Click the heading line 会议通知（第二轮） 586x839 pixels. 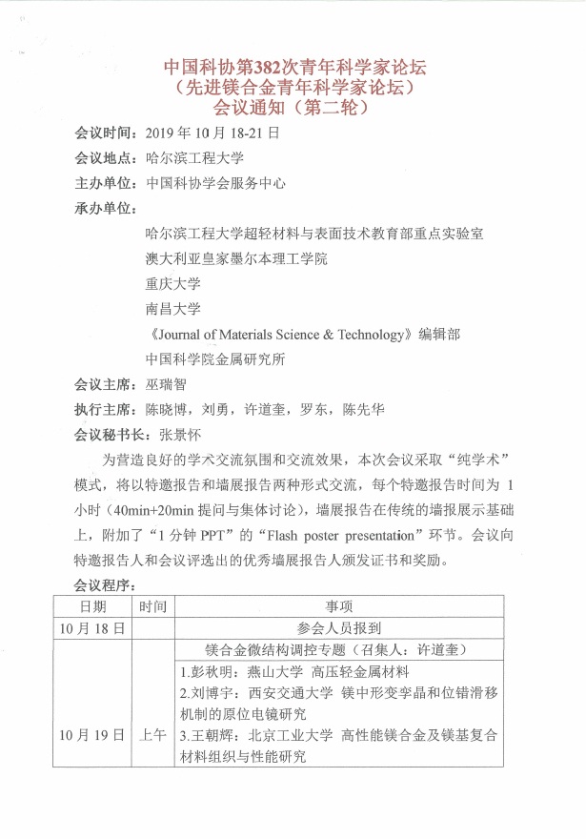coord(293,109)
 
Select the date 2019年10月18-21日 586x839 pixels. coord(210,133)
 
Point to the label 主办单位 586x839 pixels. coord(102,183)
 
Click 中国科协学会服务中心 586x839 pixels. coord(215,183)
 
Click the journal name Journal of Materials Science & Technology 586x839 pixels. coord(277,334)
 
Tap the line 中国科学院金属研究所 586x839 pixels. coord(215,359)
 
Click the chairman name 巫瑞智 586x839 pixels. coord(166,384)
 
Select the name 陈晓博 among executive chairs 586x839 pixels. coord(166,410)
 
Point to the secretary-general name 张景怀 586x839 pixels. coord(179,435)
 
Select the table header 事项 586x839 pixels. coord(339,605)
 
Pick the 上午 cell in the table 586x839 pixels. coord(152,735)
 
